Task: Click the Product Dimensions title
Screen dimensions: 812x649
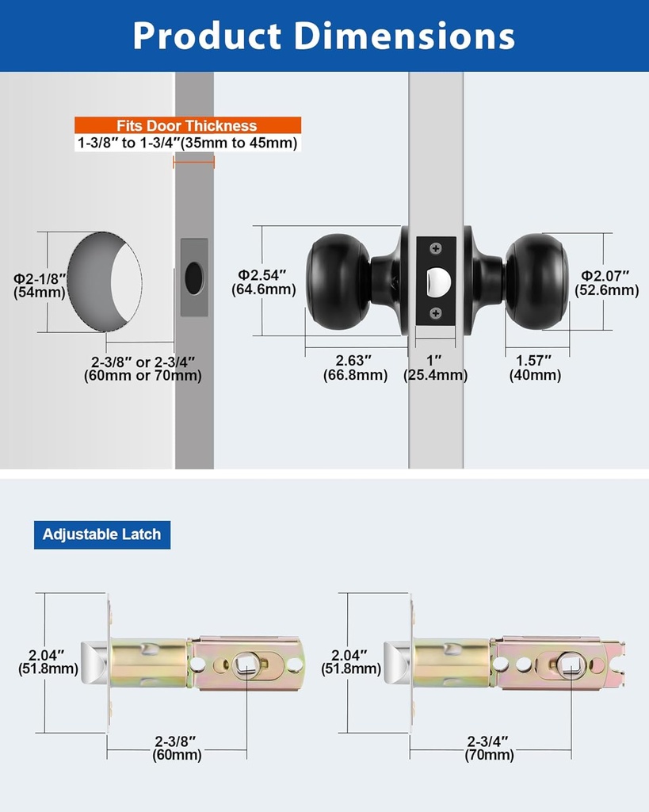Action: click(324, 36)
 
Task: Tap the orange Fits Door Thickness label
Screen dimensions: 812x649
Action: click(188, 125)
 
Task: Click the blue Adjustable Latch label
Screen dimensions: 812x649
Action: click(101, 534)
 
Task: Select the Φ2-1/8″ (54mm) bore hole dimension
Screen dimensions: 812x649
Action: click(40, 285)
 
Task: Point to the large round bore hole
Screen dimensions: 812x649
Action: click(103, 282)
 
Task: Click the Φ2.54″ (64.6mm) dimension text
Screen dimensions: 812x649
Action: click(263, 282)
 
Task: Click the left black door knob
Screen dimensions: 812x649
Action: click(338, 282)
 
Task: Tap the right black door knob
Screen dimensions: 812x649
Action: click(536, 282)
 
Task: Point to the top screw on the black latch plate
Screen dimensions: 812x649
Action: click(435, 249)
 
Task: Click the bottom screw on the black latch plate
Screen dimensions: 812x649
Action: click(435, 313)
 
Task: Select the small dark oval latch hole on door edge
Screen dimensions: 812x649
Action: click(193, 278)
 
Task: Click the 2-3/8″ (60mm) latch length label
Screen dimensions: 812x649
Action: click(177, 748)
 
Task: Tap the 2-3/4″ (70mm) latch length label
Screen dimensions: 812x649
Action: click(489, 748)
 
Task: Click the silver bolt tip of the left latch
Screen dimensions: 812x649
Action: click(95, 662)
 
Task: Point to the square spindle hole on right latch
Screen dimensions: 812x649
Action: click(570, 663)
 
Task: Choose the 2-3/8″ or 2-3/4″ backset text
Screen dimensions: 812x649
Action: click(143, 368)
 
